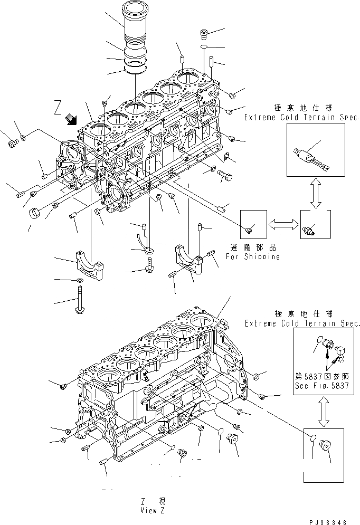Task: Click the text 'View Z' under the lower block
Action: coord(154,510)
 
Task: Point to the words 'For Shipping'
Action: coord(253,256)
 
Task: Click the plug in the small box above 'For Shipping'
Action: coord(250,230)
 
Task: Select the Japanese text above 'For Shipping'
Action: coord(253,247)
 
